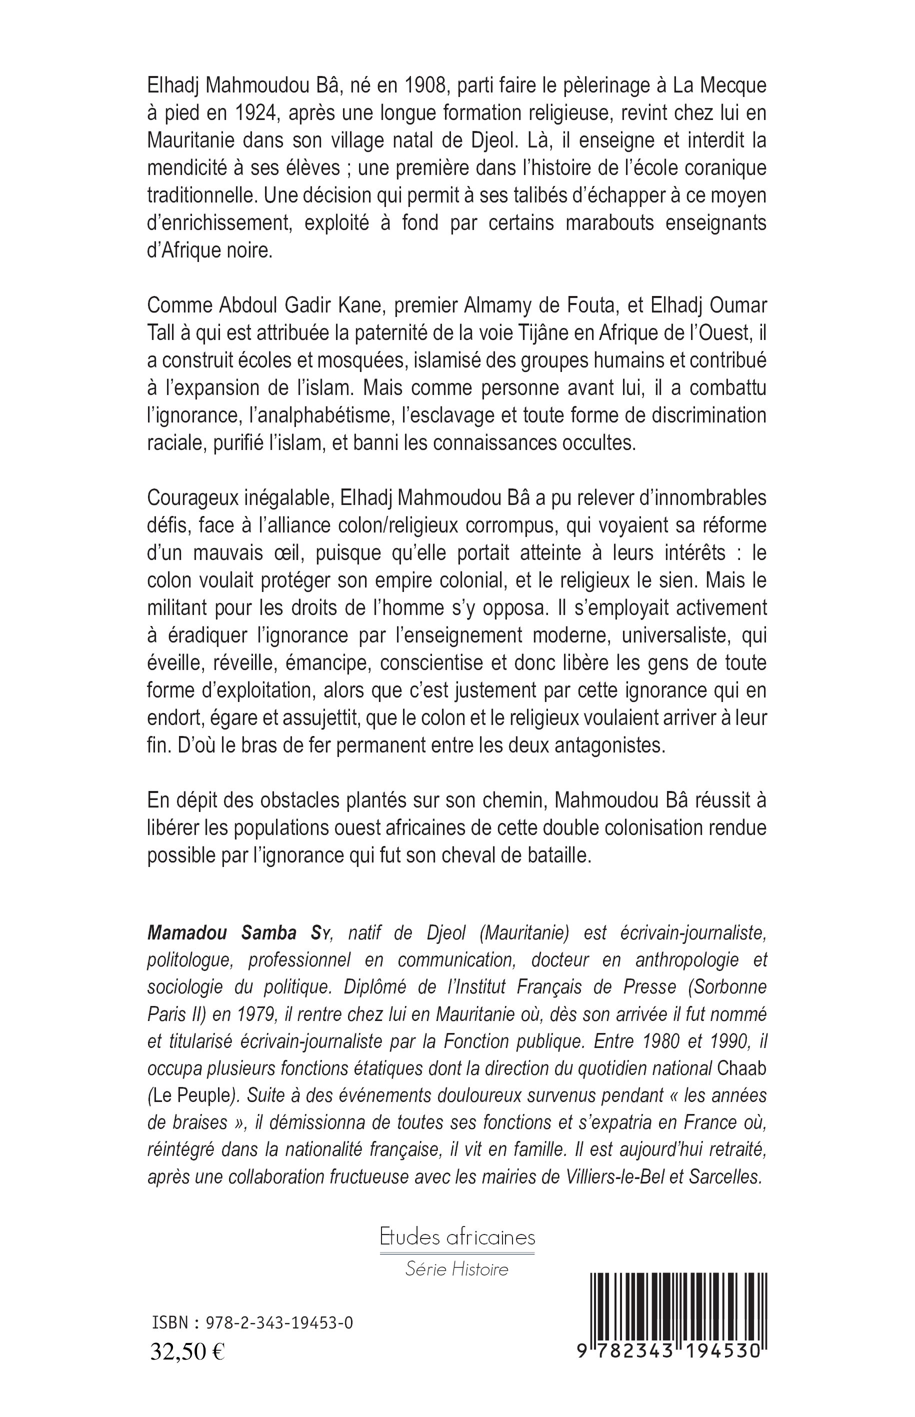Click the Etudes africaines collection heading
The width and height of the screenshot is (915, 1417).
[457, 1237]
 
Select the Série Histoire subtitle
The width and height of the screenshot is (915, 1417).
[457, 1269]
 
